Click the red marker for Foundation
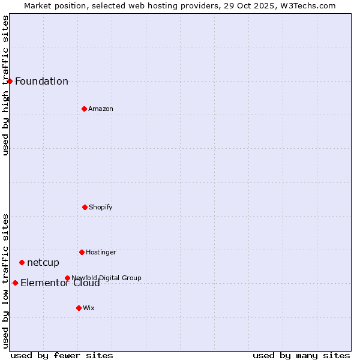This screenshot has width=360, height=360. [x=10, y=81]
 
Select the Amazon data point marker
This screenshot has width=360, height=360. [x=84, y=109]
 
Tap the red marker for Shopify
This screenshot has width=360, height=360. [x=85, y=207]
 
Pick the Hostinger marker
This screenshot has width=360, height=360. [x=82, y=252]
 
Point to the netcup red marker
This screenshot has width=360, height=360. [x=22, y=262]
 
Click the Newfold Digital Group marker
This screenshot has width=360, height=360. [x=67, y=278]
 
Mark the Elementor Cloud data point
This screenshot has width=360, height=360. [x=15, y=283]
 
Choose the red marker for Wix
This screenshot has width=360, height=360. [x=79, y=308]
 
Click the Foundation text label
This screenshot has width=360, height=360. [x=41, y=82]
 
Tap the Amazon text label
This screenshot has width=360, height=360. [x=101, y=109]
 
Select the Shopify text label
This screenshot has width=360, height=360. [x=101, y=208]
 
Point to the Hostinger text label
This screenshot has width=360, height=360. [x=101, y=253]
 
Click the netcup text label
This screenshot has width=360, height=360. [x=43, y=263]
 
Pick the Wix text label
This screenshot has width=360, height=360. [x=89, y=308]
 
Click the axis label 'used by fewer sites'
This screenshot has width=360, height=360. [x=62, y=355]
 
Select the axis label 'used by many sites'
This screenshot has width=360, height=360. [x=301, y=355]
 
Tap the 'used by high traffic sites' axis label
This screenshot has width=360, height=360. [x=6, y=85]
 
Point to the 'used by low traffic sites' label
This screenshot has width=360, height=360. [x=6, y=281]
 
